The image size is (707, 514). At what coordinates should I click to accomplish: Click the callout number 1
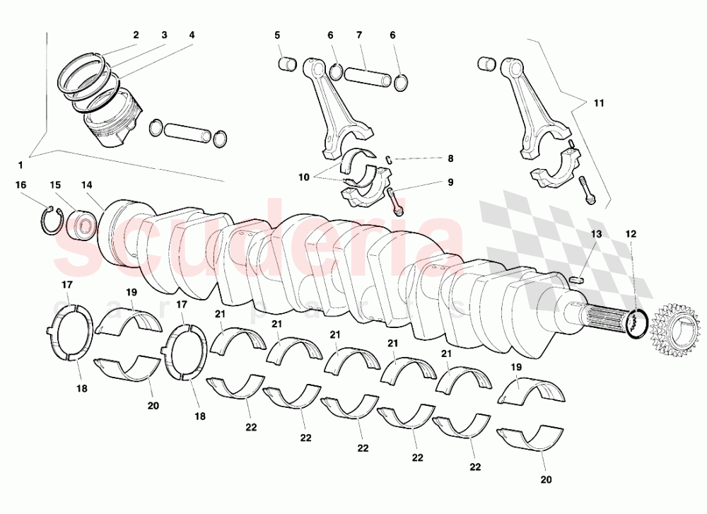click(21, 165)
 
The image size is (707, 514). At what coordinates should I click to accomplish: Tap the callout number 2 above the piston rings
click(136, 35)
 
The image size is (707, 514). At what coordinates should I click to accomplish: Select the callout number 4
click(192, 35)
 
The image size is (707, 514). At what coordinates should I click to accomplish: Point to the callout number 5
click(278, 35)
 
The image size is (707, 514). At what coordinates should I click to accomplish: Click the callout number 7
click(359, 35)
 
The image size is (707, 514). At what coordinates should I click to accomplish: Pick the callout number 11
click(599, 103)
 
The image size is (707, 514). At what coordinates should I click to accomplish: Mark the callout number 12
click(631, 233)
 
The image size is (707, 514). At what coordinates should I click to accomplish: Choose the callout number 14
click(86, 185)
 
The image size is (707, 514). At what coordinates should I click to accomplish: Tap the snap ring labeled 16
click(47, 220)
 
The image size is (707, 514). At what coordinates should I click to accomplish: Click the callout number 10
click(304, 177)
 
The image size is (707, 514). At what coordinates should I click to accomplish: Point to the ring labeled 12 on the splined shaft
click(637, 322)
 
